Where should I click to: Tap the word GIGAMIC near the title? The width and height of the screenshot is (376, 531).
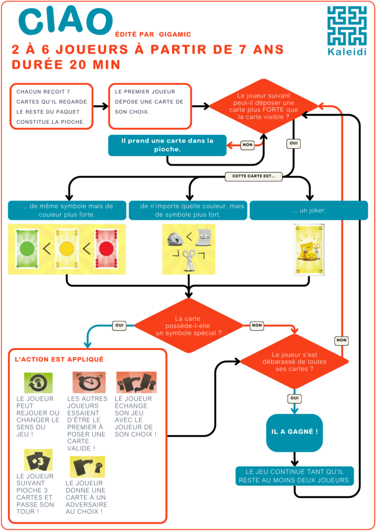(175, 34)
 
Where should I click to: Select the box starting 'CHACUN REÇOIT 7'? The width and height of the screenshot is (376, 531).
(51, 106)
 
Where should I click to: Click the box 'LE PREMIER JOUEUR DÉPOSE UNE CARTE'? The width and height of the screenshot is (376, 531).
(150, 106)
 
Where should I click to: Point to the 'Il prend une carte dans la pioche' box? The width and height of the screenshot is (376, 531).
(167, 145)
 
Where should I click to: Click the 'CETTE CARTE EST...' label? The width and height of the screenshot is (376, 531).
(253, 176)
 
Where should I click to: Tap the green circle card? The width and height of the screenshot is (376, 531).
(28, 249)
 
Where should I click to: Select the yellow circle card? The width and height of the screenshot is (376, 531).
(67, 249)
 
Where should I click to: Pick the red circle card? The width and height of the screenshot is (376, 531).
(106, 249)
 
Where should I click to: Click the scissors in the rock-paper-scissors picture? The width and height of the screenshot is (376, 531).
(189, 260)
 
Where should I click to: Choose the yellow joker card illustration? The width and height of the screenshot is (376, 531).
(309, 249)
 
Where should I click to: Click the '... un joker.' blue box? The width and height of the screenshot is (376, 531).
(308, 211)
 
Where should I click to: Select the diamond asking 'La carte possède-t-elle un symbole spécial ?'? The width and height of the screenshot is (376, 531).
(189, 326)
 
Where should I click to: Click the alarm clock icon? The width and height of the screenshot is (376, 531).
(89, 382)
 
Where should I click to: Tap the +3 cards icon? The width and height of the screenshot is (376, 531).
(38, 459)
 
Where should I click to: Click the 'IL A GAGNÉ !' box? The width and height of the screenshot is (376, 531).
(294, 432)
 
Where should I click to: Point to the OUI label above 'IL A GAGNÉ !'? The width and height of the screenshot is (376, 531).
(294, 398)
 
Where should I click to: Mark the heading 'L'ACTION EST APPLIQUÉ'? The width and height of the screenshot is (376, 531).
(59, 359)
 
